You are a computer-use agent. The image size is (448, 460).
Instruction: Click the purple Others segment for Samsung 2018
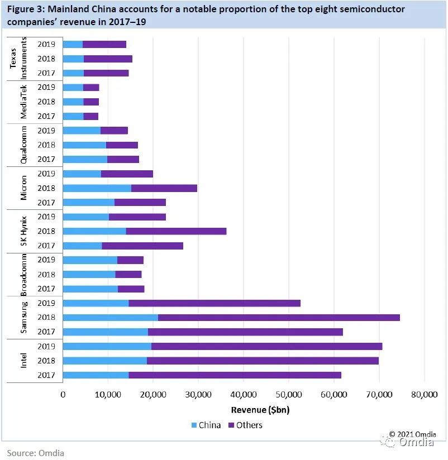click(x=279, y=317)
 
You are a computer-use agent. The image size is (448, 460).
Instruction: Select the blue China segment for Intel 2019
click(x=107, y=346)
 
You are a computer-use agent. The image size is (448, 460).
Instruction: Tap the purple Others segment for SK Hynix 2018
click(x=176, y=231)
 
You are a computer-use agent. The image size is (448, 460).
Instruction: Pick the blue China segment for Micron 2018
click(x=97, y=188)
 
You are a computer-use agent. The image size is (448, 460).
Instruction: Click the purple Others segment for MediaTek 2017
click(x=90, y=116)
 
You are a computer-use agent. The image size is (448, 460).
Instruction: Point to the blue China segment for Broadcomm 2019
click(x=90, y=260)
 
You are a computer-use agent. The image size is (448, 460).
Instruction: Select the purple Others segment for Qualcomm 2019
click(x=114, y=131)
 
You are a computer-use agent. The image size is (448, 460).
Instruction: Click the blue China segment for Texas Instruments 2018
click(x=73, y=59)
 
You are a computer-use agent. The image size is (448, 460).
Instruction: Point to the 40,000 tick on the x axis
click(x=244, y=395)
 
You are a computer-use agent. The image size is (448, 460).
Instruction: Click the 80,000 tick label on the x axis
click(x=424, y=395)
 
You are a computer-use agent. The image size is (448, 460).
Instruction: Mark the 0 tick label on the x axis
click(x=63, y=395)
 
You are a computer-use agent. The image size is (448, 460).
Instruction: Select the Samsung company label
click(x=23, y=317)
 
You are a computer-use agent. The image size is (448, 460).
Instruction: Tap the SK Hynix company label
click(x=23, y=231)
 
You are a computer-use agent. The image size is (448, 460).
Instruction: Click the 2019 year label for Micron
click(x=46, y=174)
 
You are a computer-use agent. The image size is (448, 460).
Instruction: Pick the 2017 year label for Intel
click(x=46, y=375)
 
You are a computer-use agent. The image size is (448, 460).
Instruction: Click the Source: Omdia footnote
click(x=36, y=453)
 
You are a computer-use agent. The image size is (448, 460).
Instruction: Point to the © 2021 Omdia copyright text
click(x=413, y=434)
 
